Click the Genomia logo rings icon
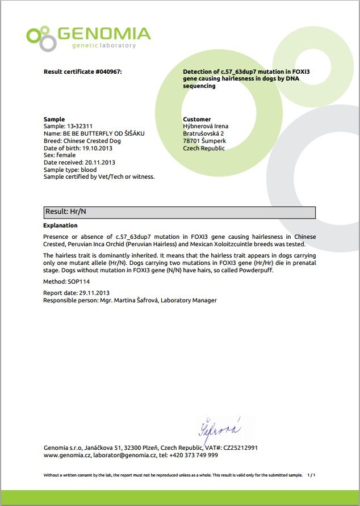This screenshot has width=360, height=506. [41, 38]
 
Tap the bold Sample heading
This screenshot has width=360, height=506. [54, 120]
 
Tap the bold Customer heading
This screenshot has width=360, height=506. [197, 120]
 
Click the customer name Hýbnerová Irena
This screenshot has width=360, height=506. [206, 126]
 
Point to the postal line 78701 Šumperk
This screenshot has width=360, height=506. [204, 141]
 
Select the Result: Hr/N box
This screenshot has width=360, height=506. [179, 212]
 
